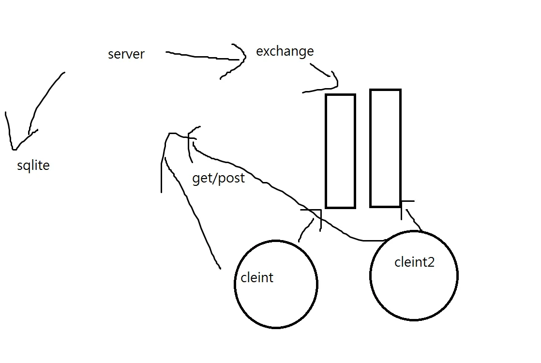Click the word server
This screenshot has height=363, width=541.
click(126, 54)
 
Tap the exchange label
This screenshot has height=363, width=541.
click(285, 51)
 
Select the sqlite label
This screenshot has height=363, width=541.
click(33, 166)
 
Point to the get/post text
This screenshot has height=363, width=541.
click(218, 178)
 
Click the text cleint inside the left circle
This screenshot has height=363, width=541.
click(256, 277)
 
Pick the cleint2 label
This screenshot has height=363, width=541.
click(414, 262)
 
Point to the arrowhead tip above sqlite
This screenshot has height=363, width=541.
click(15, 150)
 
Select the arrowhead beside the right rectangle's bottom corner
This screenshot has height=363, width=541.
click(402, 201)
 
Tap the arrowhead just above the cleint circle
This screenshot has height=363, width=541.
click(320, 210)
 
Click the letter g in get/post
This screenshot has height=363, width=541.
click(196, 180)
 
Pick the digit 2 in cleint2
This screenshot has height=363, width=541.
click(431, 263)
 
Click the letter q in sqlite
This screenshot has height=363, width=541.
click(26, 166)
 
